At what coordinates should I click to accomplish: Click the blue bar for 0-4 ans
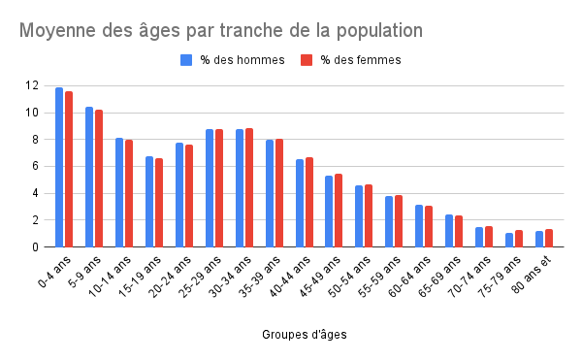click(x=59, y=167)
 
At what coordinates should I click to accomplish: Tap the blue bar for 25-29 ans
click(x=210, y=187)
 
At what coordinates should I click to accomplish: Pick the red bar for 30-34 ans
click(x=248, y=187)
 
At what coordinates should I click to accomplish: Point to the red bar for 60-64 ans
click(x=429, y=226)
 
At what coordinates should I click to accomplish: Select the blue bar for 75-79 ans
click(x=509, y=240)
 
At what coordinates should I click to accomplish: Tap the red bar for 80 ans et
click(x=549, y=238)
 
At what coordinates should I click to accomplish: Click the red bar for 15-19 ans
click(x=159, y=202)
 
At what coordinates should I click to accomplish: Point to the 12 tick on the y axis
click(x=33, y=85)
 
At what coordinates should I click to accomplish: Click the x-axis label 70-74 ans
click(x=472, y=275)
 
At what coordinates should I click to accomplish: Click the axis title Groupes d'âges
click(x=305, y=335)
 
